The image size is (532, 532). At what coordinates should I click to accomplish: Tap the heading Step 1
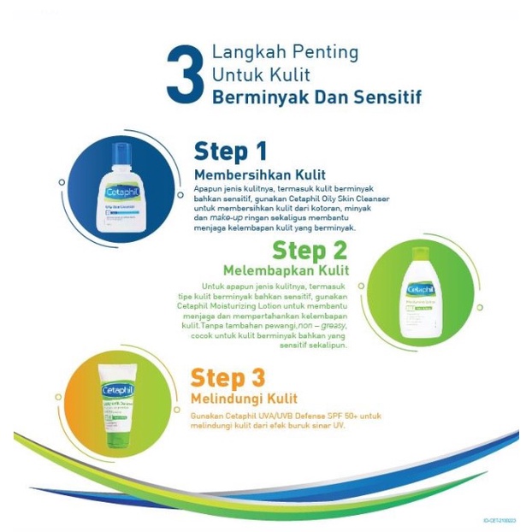(x=230, y=151)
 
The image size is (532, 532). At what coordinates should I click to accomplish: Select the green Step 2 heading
(x=310, y=250)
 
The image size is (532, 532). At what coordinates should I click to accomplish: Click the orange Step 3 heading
(x=227, y=377)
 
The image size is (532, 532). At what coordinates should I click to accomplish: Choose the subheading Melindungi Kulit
(x=244, y=399)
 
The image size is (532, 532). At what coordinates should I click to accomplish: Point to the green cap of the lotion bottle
(x=419, y=254)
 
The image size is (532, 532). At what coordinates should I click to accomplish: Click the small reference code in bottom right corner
(x=500, y=520)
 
